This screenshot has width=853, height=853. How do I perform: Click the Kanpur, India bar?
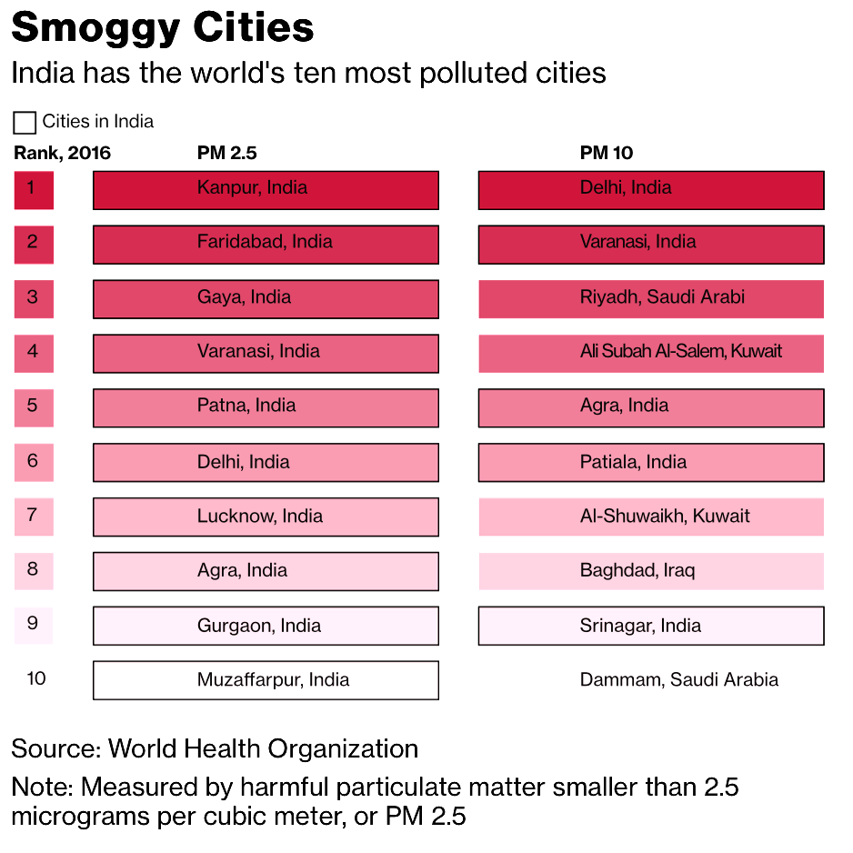click(266, 189)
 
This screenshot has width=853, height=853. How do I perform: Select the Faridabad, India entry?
click(266, 244)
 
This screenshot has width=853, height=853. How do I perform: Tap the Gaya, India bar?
click(266, 298)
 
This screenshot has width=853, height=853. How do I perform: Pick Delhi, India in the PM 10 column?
click(651, 189)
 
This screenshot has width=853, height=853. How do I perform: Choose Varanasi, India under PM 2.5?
click(266, 353)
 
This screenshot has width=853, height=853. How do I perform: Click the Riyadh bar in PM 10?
click(651, 298)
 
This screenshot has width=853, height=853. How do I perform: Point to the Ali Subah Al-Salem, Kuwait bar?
click(651, 353)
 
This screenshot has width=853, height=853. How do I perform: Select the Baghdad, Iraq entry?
click(651, 571)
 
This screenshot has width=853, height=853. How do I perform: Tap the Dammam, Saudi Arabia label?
click(678, 680)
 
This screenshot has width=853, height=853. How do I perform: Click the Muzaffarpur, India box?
click(266, 680)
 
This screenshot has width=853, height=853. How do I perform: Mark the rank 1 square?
click(34, 189)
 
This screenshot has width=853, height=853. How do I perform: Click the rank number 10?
click(36, 679)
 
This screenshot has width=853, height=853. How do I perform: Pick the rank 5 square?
click(34, 407)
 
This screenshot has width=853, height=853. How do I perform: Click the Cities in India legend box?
click(25, 123)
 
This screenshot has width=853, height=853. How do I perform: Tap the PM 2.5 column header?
click(220, 154)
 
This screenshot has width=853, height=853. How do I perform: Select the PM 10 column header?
click(607, 154)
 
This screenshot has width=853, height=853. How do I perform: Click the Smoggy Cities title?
click(163, 28)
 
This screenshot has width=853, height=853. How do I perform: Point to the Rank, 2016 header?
click(62, 154)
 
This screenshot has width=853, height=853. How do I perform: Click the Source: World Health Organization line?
click(215, 749)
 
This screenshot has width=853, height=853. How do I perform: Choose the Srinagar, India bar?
click(651, 626)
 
